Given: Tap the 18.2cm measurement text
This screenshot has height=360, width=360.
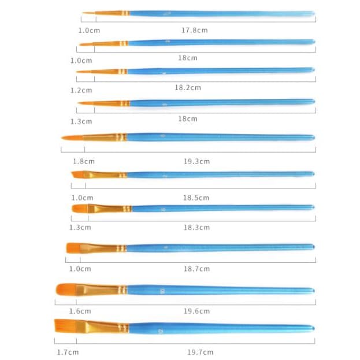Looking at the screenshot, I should coord(188,88).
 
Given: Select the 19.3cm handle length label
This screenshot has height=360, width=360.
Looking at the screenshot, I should coord(196,161).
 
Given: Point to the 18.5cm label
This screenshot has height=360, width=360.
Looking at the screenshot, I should coord(196,198).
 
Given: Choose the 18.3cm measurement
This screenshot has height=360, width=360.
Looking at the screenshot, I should coord(196,228).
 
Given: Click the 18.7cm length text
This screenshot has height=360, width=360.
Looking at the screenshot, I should coord(196,269).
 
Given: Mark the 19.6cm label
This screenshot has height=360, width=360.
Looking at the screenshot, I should coord(196,311).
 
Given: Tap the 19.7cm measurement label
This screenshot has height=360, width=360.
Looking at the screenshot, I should coord(200,352).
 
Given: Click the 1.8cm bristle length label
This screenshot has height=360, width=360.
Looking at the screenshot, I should coord(84,161).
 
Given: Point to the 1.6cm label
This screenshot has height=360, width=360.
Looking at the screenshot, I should coord(80,311).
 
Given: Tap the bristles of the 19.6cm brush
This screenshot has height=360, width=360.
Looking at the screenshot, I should coord(66,288).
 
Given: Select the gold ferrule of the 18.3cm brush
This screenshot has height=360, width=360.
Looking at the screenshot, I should coord(110,208).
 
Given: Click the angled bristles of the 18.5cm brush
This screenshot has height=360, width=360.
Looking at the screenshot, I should coord(77,175).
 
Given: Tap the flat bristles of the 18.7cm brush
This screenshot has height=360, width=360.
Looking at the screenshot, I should coord(73,247).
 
